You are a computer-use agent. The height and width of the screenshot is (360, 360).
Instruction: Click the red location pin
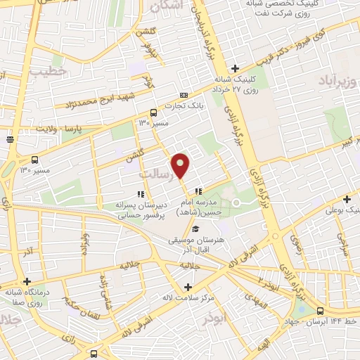coord(181,165)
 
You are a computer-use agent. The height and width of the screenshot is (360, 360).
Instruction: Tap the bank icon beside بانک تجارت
coord(184,95)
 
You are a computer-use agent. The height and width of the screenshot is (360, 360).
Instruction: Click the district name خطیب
coord(51,71)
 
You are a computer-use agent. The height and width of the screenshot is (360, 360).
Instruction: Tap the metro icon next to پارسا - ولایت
coord(10,139)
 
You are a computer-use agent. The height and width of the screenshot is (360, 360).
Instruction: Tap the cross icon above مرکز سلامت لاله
coord(187,287)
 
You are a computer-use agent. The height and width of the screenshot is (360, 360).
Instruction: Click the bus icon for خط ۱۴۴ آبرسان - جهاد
coord(321,310)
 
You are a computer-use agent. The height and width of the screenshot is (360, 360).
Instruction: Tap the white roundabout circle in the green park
coord(237,203)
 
